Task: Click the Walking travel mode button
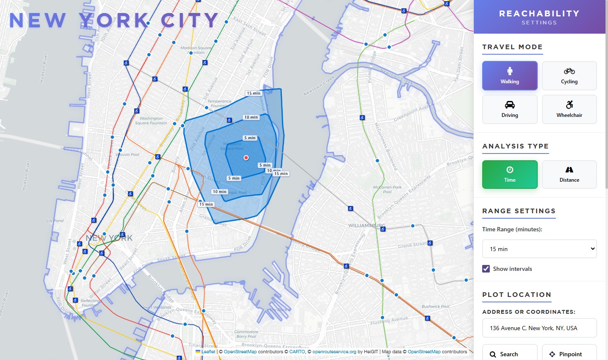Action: pyautogui.click(x=510, y=76)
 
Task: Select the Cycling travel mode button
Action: pyautogui.click(x=569, y=76)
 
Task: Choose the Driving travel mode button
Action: pyautogui.click(x=510, y=109)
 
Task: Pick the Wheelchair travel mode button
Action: pyautogui.click(x=569, y=109)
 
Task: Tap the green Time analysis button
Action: pyautogui.click(x=510, y=175)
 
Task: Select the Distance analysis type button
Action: pyautogui.click(x=569, y=175)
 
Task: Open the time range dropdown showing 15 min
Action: pyautogui.click(x=539, y=249)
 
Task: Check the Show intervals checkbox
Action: pyautogui.click(x=486, y=269)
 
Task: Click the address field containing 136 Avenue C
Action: pyautogui.click(x=539, y=328)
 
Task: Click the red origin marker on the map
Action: pyautogui.click(x=246, y=158)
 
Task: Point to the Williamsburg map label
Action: pyautogui.click(x=366, y=225)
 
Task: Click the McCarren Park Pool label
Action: pyautogui.click(x=387, y=190)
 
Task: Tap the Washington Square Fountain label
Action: pyautogui.click(x=151, y=121)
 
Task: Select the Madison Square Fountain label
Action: pyautogui.click(x=196, y=50)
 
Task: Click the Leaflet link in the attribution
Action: pyautogui.click(x=208, y=352)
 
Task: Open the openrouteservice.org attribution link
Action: pyautogui.click(x=334, y=352)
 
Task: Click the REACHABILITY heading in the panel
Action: pyautogui.click(x=539, y=13)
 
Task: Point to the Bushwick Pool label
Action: pyautogui.click(x=435, y=307)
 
